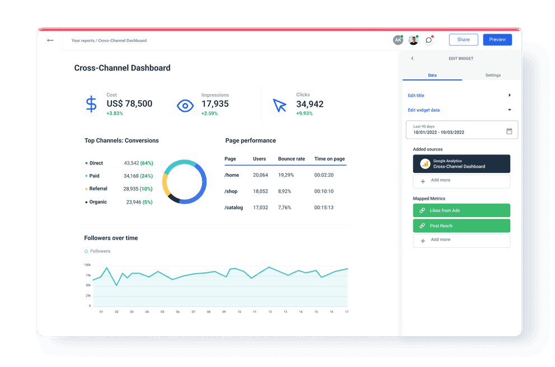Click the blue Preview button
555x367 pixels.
click(x=497, y=40)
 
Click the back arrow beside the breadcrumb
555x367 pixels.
click(x=50, y=40)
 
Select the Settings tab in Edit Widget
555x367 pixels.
click(x=492, y=75)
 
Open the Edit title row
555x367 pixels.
click(x=459, y=96)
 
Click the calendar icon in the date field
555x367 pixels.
click(x=509, y=131)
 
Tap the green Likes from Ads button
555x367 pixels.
click(x=461, y=210)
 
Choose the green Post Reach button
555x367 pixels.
click(x=461, y=226)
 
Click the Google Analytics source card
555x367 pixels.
click(x=461, y=164)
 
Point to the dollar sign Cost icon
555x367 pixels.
click(x=91, y=104)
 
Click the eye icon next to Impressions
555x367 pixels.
click(x=185, y=105)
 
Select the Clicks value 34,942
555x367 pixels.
click(x=310, y=104)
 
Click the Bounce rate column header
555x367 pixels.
click(x=291, y=159)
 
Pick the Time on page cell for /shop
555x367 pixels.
click(x=324, y=191)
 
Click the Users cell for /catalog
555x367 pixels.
click(x=260, y=208)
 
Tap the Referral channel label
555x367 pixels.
click(x=98, y=189)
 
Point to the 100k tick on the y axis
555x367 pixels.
click(x=87, y=265)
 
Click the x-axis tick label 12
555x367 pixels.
click(x=270, y=312)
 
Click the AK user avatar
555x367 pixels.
click(x=397, y=40)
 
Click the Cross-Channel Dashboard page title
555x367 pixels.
click(x=122, y=68)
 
